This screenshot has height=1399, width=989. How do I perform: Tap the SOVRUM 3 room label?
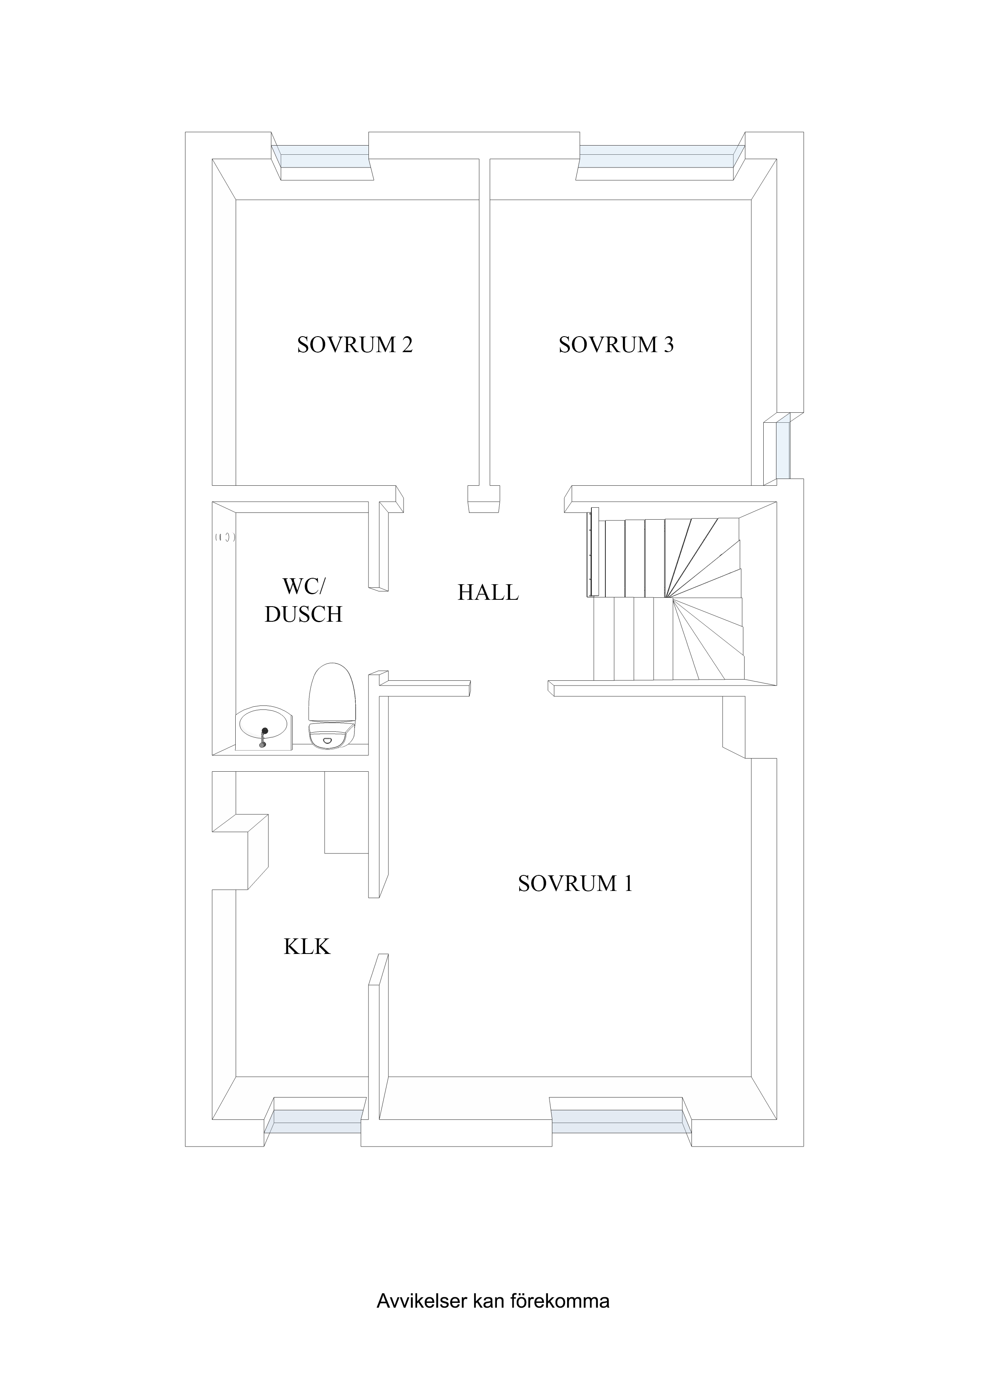[616, 345]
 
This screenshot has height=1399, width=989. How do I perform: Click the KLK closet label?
[307, 946]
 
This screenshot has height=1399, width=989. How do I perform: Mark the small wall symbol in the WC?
[225, 538]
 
